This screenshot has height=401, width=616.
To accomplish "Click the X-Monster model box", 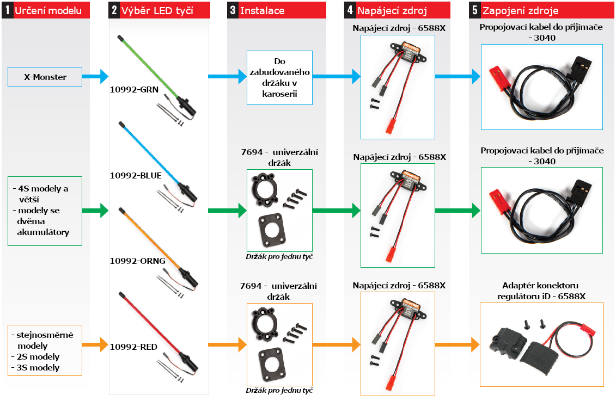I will point(45,77).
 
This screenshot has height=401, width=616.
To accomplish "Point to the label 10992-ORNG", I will point(137,261).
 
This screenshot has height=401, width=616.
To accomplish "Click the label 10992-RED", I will point(134,346).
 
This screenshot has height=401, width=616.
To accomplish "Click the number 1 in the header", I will point(7,10).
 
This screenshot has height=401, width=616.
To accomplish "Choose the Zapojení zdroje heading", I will point(520,10).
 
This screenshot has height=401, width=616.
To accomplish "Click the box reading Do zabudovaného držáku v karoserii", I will point(279,77).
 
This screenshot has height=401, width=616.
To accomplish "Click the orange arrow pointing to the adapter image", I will point(457,344).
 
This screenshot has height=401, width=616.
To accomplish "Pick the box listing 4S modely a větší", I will point(45,211).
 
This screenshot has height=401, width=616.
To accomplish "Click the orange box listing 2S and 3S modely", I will point(45,350).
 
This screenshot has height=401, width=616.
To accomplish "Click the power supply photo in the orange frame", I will point(397,343).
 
